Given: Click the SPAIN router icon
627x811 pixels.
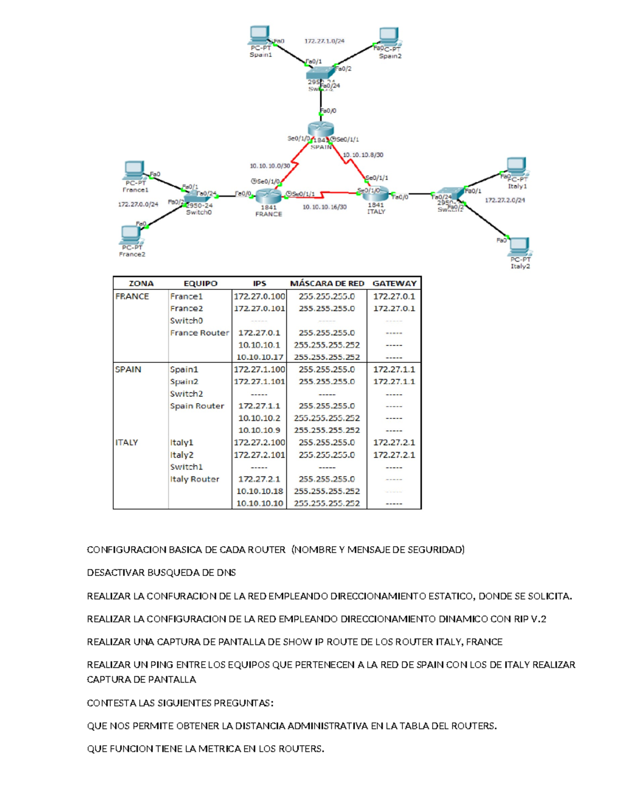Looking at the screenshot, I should (320, 129).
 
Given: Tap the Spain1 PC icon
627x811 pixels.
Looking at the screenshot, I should (260, 36).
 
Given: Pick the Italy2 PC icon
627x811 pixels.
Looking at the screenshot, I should (519, 245).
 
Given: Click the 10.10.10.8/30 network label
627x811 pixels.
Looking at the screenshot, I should (363, 155).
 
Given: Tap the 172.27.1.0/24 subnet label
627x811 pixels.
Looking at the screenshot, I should (324, 41).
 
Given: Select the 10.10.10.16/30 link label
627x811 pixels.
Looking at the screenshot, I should (324, 207).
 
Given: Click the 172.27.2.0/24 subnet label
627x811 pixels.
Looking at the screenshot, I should (505, 200).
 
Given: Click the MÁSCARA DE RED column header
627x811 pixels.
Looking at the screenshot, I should (327, 284).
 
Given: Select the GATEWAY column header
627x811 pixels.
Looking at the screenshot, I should (394, 284).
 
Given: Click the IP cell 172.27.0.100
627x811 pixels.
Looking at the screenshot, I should (260, 296).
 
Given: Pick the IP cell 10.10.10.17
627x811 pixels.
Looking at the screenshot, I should (260, 357).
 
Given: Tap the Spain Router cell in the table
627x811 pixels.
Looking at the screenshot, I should (197, 406).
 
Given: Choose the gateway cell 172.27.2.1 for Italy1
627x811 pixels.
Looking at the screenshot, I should (394, 442).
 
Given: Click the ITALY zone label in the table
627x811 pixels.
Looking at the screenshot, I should (126, 442).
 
